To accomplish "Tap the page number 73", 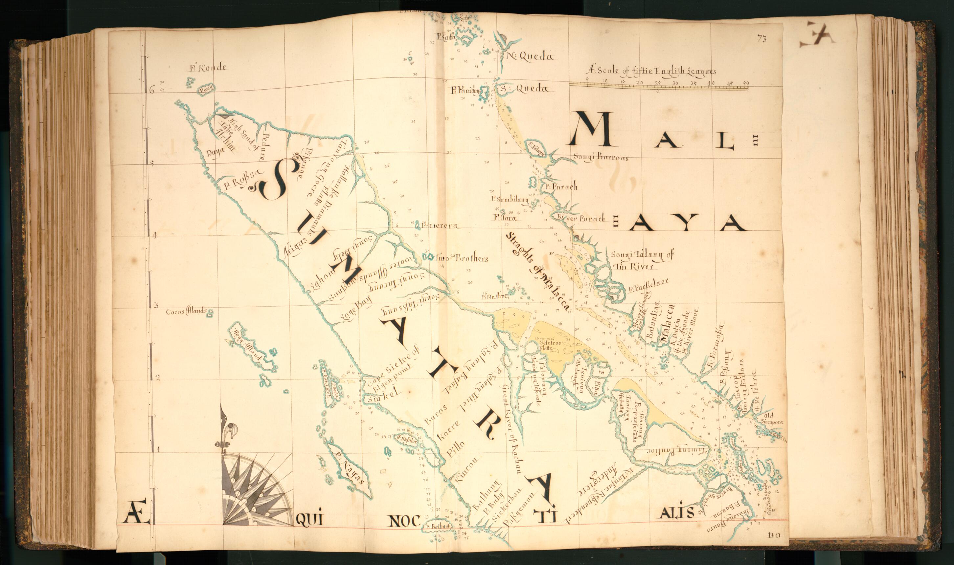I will (761, 38).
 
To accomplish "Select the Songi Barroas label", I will (601, 157).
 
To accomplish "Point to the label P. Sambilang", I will (509, 199).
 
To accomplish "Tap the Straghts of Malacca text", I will (537, 272).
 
